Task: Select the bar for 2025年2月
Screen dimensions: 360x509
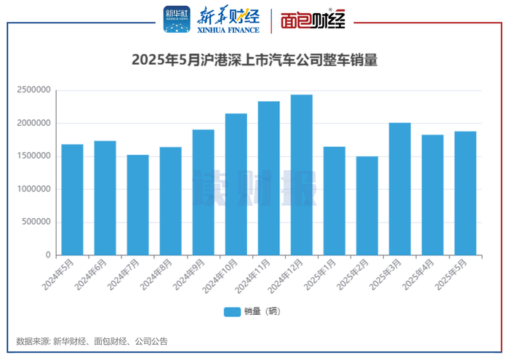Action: click(x=366, y=206)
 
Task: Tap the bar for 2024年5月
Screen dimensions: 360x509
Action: click(x=72, y=199)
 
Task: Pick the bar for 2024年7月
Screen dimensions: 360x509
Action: click(x=137, y=204)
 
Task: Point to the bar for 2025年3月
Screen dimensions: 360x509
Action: click(x=399, y=189)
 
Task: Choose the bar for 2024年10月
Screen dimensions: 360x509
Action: click(x=236, y=184)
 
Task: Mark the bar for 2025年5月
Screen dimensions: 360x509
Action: click(x=465, y=193)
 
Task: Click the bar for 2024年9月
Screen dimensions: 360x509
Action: click(x=203, y=192)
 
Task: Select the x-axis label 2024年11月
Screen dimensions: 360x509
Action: click(x=254, y=276)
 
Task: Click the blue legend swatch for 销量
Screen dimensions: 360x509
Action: click(x=232, y=311)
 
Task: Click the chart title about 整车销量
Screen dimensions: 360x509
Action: click(x=254, y=60)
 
